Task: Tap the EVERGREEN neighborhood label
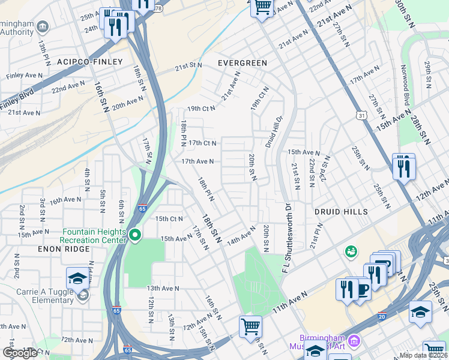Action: [x=242, y=62]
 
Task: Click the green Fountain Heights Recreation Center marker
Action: [x=136, y=235]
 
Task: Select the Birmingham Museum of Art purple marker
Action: [x=354, y=341]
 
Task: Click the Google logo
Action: [x=20, y=353]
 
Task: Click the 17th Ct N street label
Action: [x=202, y=143]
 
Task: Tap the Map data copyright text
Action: [x=423, y=355]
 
